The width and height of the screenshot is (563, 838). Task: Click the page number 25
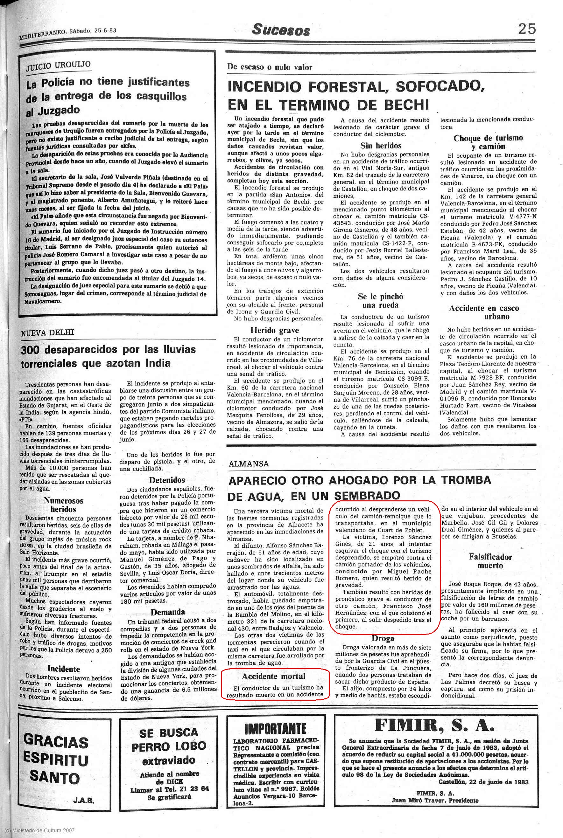click(x=527, y=28)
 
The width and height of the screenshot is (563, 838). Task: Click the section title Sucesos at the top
click(x=281, y=30)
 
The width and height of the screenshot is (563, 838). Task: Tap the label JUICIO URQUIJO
click(x=58, y=65)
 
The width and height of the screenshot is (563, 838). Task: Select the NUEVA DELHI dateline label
click(x=48, y=333)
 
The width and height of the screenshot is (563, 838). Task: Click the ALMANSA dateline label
click(x=249, y=464)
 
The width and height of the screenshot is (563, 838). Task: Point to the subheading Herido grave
click(x=274, y=330)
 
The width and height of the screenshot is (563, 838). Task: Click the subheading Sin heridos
click(x=381, y=146)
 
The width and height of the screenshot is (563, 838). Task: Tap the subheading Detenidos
click(x=167, y=480)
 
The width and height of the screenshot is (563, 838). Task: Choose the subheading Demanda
click(x=168, y=612)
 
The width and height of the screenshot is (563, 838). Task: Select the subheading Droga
click(x=383, y=638)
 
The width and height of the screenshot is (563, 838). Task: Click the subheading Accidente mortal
click(x=273, y=676)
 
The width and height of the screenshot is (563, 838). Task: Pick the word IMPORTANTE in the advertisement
click(x=275, y=729)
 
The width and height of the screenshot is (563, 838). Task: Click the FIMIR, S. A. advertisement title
click(x=434, y=725)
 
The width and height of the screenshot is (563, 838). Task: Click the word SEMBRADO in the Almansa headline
click(x=367, y=496)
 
